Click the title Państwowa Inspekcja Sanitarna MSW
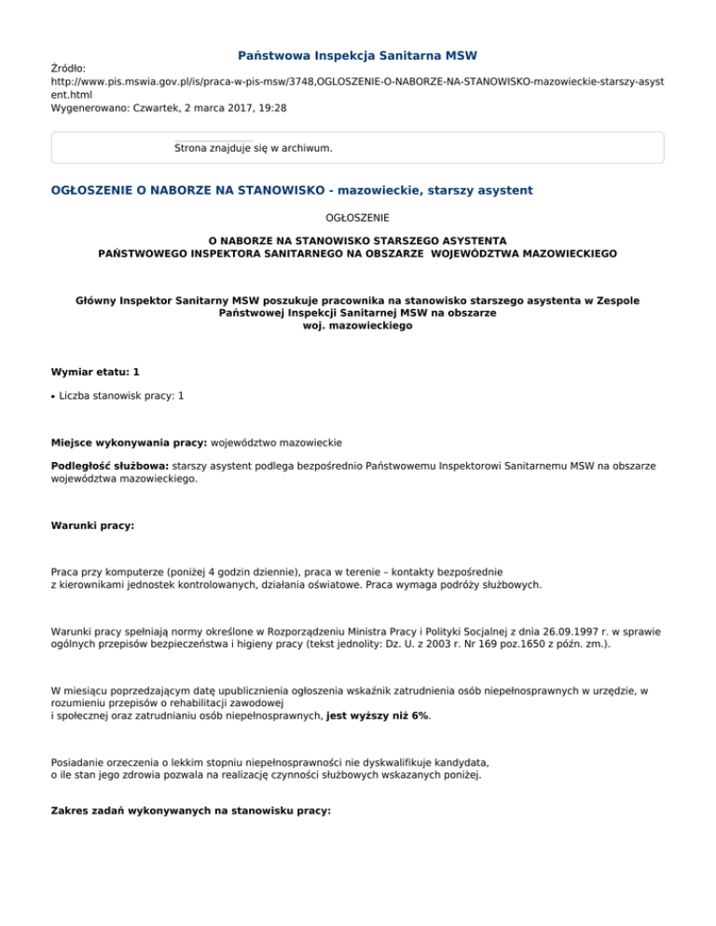pos(358,56)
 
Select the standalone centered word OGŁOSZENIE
pos(358,216)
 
